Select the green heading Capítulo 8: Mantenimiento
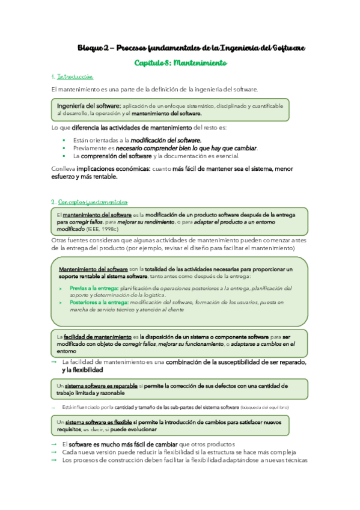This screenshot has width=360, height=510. (x=180, y=62)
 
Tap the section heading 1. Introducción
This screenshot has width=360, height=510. (x=72, y=77)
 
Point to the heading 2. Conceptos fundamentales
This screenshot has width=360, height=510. (x=90, y=202)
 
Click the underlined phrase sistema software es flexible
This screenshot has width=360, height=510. (x=98, y=422)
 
